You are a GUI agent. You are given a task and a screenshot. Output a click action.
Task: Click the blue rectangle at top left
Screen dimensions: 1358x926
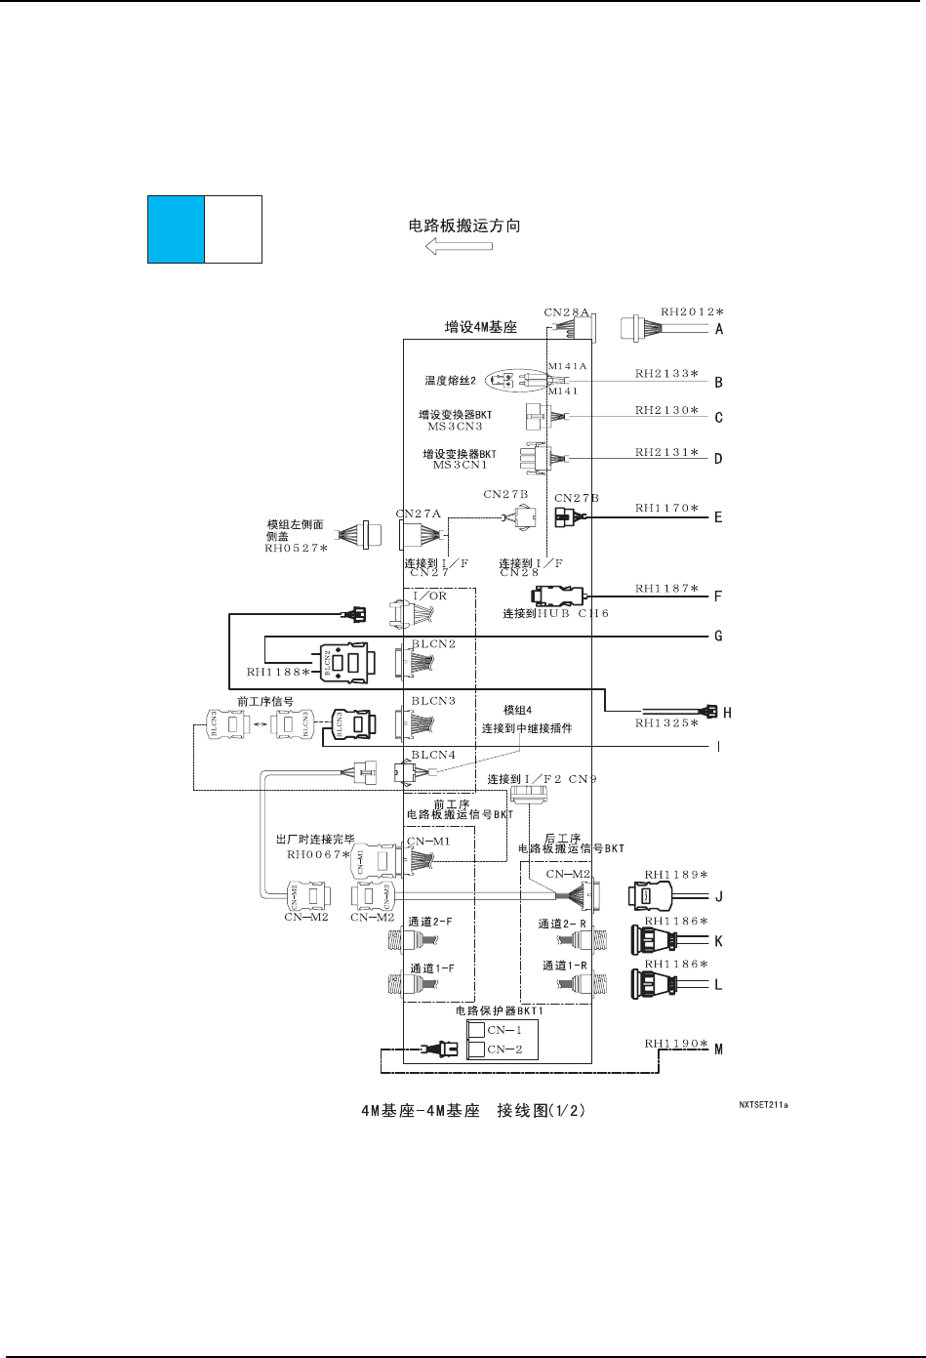click(176, 229)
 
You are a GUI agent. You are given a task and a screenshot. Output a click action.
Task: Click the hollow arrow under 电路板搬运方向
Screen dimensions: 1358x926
click(459, 246)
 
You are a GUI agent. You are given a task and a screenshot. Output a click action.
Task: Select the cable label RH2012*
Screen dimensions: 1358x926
click(692, 312)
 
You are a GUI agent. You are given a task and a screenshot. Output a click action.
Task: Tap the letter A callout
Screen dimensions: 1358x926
click(719, 329)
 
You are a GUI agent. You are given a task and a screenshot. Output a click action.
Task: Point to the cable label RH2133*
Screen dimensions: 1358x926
click(666, 373)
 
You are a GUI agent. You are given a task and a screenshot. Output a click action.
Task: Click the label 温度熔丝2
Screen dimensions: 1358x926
click(450, 381)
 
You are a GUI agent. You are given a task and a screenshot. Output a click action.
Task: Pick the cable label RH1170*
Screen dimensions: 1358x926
click(666, 508)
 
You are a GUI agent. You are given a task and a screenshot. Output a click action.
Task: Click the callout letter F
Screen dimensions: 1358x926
click(719, 595)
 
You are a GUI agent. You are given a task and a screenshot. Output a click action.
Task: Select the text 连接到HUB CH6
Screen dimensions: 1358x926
click(555, 613)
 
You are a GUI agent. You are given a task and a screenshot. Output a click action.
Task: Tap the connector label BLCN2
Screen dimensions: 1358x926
click(433, 644)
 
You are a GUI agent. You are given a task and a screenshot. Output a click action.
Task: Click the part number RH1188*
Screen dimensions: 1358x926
click(278, 672)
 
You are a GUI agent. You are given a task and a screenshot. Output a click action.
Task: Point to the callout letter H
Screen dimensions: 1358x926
click(727, 713)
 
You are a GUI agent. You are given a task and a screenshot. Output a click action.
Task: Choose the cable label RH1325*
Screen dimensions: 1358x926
click(666, 723)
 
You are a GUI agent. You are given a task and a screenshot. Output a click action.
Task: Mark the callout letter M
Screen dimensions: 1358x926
click(719, 1049)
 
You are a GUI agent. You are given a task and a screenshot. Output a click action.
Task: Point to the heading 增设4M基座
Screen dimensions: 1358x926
click(481, 328)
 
